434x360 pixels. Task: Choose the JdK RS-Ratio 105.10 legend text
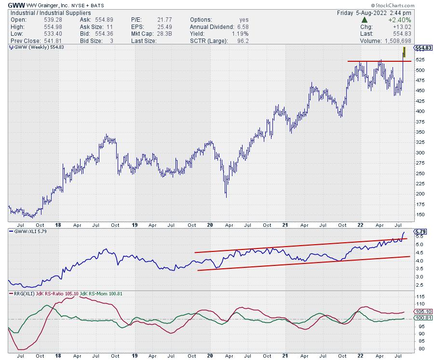point(56,293)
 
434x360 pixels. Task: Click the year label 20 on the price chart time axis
point(209,224)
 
